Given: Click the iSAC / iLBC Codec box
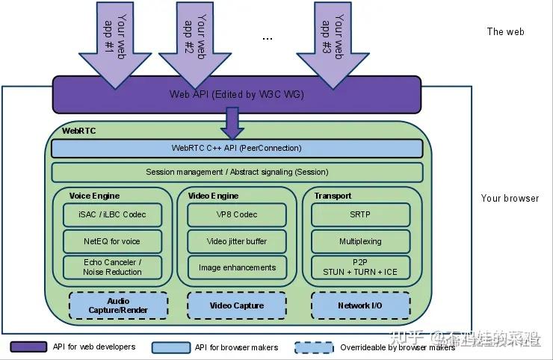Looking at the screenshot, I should coord(113,214).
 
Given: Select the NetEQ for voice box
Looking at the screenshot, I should coord(113,241).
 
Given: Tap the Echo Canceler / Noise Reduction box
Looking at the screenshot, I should coord(113,267).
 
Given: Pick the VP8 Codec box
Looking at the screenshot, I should coord(237,214).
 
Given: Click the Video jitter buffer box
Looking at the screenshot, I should coord(237,241).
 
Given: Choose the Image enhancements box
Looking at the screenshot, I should coord(237,267).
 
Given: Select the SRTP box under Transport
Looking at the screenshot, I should coord(361,214).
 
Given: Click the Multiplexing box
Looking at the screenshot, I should coord(361,241).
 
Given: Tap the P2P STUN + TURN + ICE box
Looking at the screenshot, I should coord(361,267).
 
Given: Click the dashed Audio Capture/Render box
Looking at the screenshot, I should coord(118,305).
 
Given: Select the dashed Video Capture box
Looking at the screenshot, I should coord(237,305).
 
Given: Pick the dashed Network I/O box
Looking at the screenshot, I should coord(361,305).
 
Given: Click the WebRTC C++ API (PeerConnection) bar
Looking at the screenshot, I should coord(237,148).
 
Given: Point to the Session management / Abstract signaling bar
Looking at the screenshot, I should coord(237,173).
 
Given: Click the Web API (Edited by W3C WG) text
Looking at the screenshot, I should coord(237,95).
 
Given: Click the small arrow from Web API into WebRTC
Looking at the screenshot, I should coord(232,122).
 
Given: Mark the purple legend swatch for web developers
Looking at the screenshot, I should coord(28,347).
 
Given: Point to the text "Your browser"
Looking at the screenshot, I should coord(510,198).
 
